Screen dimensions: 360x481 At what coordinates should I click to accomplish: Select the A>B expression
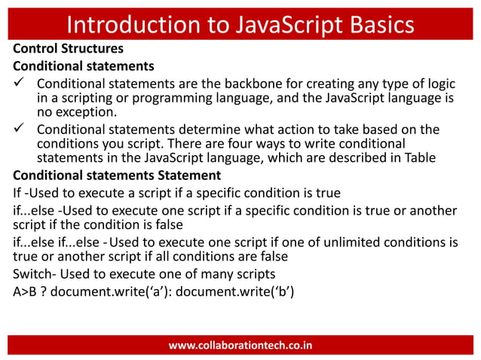pos(27,291)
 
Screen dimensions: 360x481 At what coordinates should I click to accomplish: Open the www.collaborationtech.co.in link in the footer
pos(240,346)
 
